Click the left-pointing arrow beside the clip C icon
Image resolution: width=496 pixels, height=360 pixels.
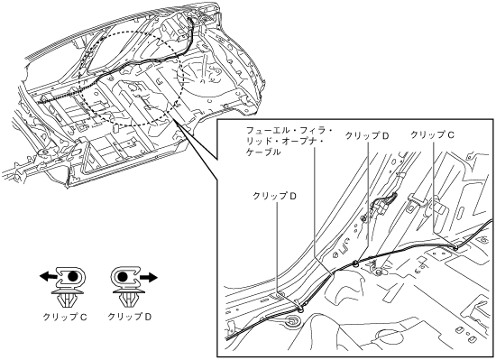click(49, 277)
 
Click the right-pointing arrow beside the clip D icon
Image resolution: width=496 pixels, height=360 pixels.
click(149, 277)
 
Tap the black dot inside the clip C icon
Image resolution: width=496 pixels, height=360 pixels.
click(72, 276)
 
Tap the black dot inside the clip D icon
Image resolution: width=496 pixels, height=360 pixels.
click(123, 277)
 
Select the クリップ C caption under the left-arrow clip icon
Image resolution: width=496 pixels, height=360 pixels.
click(65, 317)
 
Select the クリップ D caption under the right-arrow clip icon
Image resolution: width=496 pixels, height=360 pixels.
click(130, 317)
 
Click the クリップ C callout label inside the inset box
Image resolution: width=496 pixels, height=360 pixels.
click(432, 135)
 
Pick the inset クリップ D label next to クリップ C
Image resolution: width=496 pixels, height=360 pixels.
click(367, 135)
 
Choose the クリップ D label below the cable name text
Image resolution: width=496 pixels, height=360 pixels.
click(274, 196)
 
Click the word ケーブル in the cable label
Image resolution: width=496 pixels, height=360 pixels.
click(263, 152)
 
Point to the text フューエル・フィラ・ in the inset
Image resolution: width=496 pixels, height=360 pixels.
click(289, 130)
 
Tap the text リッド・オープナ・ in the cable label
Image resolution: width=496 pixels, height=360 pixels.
click(285, 142)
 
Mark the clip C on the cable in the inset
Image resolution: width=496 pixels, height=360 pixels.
click(455, 248)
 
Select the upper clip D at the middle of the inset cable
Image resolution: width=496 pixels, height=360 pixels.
click(355, 263)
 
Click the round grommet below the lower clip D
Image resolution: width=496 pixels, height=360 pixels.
click(291, 322)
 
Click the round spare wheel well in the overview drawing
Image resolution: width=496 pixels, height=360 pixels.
click(206, 75)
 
